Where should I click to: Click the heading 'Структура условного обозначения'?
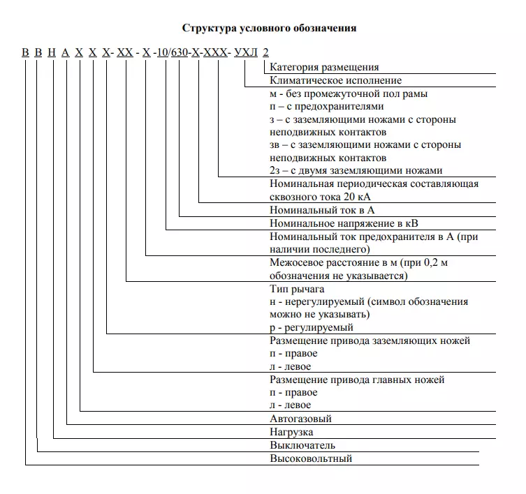270,29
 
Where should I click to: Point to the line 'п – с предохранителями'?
326,106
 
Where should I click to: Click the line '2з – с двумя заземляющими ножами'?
356,170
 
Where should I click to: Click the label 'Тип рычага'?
297,289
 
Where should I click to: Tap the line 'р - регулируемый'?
312,327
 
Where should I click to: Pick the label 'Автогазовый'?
300,419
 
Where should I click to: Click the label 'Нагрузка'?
293,432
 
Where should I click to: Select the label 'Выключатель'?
302,445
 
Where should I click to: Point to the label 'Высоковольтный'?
311,458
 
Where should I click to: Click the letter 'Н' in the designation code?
52,53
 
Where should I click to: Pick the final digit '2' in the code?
265,53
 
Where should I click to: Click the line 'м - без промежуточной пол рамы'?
349,93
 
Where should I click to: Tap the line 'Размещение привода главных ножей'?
357,380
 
